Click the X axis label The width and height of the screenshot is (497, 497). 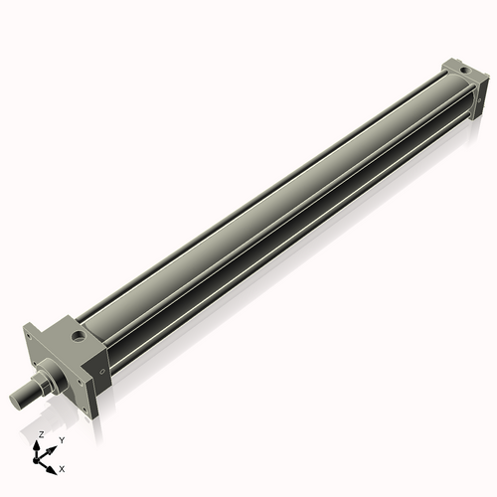63,467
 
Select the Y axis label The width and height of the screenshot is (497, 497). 62,439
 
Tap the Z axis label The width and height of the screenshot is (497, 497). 40,434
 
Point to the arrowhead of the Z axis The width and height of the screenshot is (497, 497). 41,444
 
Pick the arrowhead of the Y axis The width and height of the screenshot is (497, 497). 53,446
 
